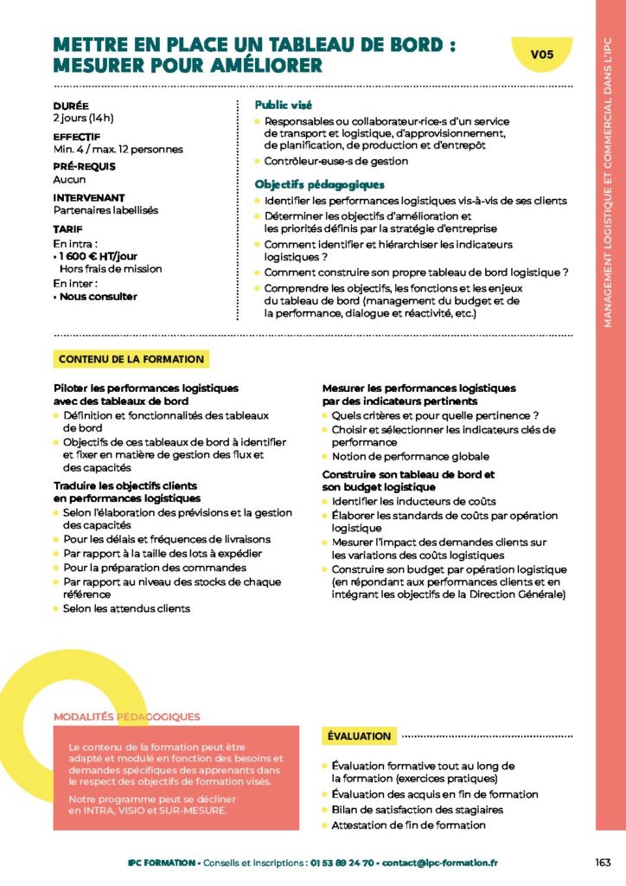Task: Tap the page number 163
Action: [604, 862]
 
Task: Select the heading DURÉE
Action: [71, 106]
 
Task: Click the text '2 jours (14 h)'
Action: [84, 118]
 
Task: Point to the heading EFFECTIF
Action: [77, 137]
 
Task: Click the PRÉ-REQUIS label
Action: [84, 167]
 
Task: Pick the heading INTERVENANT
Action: [89, 197]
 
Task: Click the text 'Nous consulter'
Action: [99, 296]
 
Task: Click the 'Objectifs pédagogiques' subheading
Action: [319, 184]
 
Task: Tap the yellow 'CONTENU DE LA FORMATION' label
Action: [131, 359]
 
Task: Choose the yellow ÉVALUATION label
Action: [359, 736]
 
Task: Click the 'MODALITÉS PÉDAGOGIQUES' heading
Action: [127, 716]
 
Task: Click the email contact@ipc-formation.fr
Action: [440, 863]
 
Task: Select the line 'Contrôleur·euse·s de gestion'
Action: [336, 161]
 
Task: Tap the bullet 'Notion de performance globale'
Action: [410, 456]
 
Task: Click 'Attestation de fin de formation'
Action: [408, 825]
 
